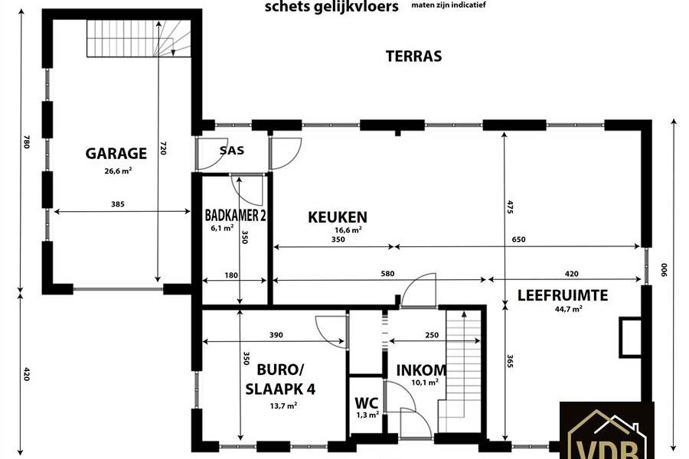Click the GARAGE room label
(116, 153)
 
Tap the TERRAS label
(413, 56)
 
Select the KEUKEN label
(338, 217)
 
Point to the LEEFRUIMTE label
(563, 295)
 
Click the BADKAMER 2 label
(235, 215)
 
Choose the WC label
(367, 403)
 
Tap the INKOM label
(421, 370)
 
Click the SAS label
(231, 150)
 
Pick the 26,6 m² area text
(118, 171)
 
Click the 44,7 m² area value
(569, 309)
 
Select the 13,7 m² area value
(283, 406)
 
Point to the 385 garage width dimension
(118, 203)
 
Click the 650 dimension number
(518, 239)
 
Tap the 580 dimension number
(387, 274)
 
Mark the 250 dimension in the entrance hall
(432, 335)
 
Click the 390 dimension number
(276, 335)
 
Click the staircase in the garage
(139, 38)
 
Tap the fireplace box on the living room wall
(631, 337)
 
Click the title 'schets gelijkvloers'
(331, 7)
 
